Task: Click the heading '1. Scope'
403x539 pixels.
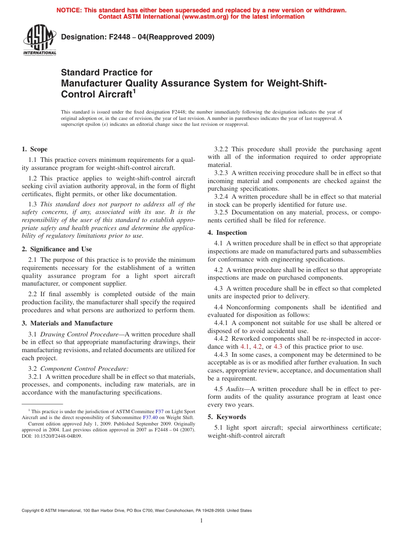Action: click(x=34, y=149)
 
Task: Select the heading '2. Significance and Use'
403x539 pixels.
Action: click(x=56, y=249)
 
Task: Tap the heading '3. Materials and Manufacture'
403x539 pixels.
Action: click(x=67, y=323)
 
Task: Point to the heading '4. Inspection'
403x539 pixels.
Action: click(x=227, y=233)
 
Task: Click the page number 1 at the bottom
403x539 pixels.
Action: click(x=201, y=521)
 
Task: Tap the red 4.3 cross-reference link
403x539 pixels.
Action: click(x=278, y=347)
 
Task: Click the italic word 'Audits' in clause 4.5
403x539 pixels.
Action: click(x=235, y=389)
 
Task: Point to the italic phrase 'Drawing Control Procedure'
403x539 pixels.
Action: click(x=79, y=334)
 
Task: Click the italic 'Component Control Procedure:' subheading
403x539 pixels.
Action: click(x=84, y=369)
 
